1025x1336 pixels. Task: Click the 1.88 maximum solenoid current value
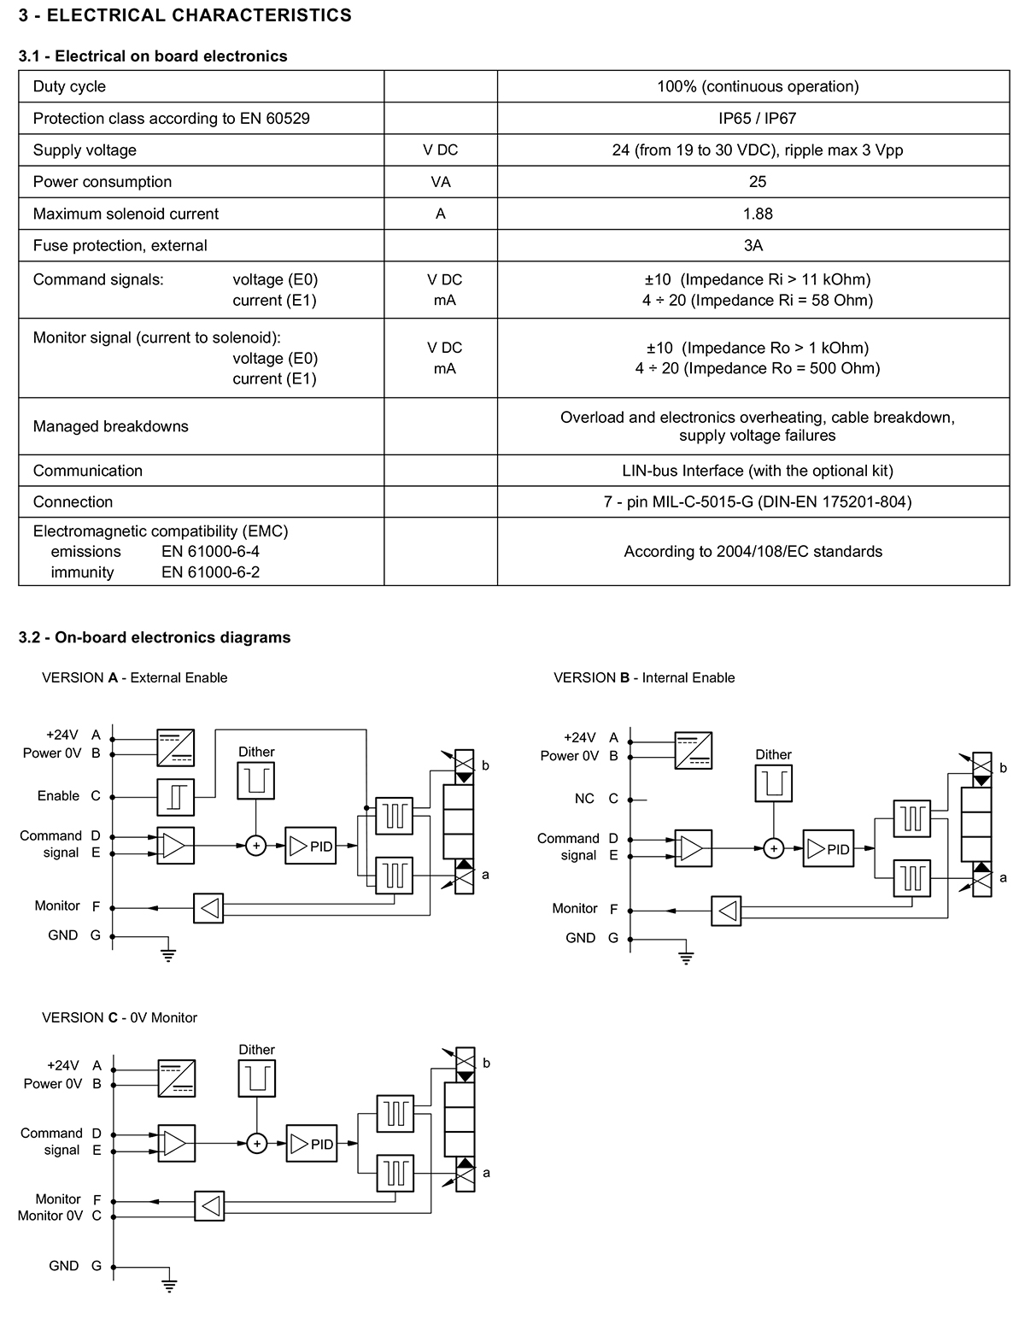point(757,214)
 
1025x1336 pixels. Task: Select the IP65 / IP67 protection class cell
point(757,118)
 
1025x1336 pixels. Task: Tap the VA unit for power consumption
point(441,182)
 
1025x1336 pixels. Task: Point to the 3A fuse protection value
point(753,245)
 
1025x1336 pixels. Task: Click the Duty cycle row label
point(69,86)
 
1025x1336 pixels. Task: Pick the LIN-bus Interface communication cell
point(757,471)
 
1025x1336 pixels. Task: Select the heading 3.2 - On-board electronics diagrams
point(155,637)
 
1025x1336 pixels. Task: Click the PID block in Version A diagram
point(310,846)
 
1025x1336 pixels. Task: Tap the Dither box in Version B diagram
point(773,783)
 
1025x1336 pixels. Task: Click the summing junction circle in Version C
point(257,1144)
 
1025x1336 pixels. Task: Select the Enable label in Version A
point(58,795)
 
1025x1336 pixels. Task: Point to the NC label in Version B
point(584,798)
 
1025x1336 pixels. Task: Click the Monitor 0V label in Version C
point(50,1216)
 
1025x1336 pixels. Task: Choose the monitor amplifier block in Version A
point(208,908)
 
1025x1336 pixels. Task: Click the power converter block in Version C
point(176,1078)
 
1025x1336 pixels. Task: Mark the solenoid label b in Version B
point(1003,767)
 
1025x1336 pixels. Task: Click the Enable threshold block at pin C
point(176,798)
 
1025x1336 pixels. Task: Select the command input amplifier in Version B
point(694,848)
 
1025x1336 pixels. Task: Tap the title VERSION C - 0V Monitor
point(120,1017)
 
